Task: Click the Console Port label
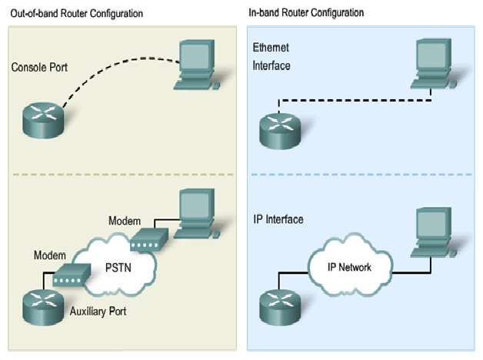(39, 68)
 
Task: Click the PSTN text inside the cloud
(121, 269)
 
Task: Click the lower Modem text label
(49, 254)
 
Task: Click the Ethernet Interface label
(271, 56)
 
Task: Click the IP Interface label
(278, 220)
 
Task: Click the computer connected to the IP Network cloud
(434, 231)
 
